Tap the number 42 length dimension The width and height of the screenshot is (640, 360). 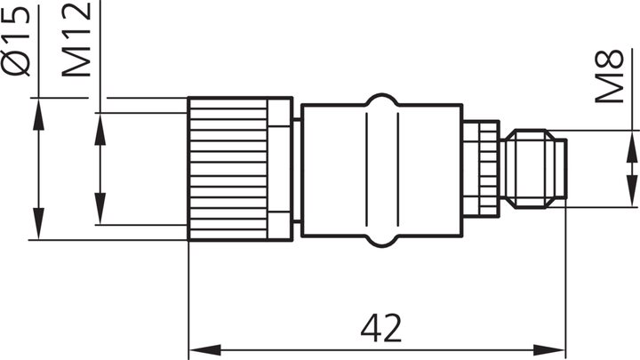pyautogui.click(x=381, y=327)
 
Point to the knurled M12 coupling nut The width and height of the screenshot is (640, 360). pyautogui.click(x=228, y=169)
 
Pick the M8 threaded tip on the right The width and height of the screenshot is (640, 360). pyautogui.click(x=536, y=169)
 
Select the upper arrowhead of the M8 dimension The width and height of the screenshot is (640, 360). pyautogui.click(x=632, y=138)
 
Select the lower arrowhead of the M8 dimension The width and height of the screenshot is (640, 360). pyautogui.click(x=632, y=200)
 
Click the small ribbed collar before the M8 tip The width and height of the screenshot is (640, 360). pyautogui.click(x=485, y=169)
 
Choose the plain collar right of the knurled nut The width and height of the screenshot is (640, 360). pyautogui.click(x=282, y=169)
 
